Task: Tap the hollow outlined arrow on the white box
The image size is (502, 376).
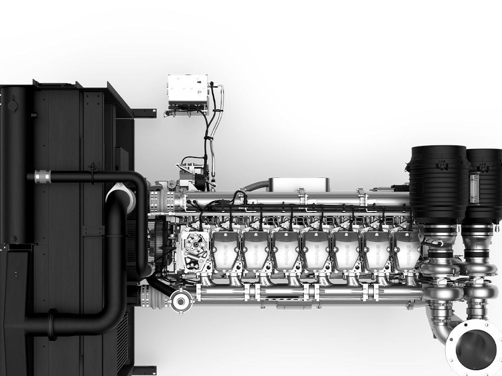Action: (201, 92)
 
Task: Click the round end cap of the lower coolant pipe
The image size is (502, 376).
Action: (178, 301)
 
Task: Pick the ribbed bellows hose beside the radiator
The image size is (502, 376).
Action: (156, 293)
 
